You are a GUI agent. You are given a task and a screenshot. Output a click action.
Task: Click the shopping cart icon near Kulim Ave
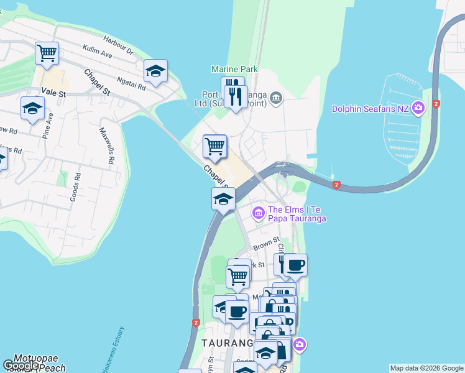pyautogui.click(x=47, y=53)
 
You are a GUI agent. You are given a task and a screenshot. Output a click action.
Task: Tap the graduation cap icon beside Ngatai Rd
pyautogui.click(x=155, y=71)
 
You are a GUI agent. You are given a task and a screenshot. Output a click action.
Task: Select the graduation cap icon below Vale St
pyautogui.click(x=32, y=109)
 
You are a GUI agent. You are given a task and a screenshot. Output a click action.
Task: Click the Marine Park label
pyautogui.click(x=234, y=70)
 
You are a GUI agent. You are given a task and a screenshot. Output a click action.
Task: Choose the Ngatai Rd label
pyautogui.click(x=131, y=83)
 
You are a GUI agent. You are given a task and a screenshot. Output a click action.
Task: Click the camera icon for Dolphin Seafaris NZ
pyautogui.click(x=418, y=108)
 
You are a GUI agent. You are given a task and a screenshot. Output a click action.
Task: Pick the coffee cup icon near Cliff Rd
pyautogui.click(x=295, y=265)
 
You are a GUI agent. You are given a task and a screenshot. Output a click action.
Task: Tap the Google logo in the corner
pyautogui.click(x=21, y=366)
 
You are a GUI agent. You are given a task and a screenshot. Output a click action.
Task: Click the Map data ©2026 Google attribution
pyautogui.click(x=426, y=368)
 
